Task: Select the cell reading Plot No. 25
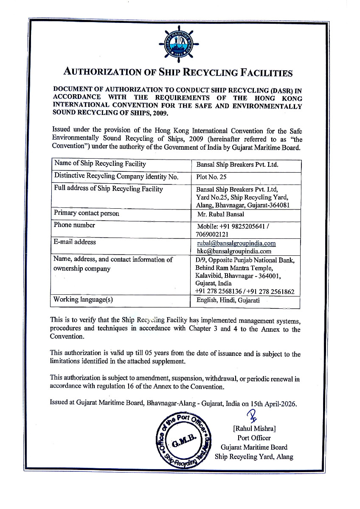211,178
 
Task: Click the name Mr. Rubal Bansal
220,214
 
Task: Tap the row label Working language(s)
83,299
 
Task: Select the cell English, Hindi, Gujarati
228,300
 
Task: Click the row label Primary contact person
87,213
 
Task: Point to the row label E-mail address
75,242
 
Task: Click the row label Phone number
74,225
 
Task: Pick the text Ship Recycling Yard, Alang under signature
254,456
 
